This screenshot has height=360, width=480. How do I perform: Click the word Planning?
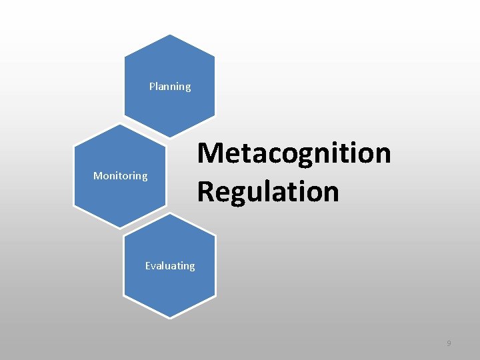point(170,87)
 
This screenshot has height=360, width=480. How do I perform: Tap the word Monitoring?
point(120,176)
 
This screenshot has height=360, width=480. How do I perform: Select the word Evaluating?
point(170,265)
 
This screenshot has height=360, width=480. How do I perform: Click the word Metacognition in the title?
point(293,153)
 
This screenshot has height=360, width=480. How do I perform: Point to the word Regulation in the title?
point(268,191)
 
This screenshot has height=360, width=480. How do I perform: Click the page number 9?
point(449,343)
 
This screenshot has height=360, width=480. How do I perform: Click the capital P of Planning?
point(152,86)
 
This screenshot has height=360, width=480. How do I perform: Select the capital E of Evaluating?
point(148,265)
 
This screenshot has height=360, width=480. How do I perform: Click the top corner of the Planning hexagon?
point(170,35)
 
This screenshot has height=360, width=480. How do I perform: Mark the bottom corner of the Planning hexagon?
point(170,139)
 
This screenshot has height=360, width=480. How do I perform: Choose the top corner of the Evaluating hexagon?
point(170,213)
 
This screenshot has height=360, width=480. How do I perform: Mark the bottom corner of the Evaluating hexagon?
point(170,317)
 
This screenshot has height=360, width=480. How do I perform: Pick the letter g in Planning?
point(187,88)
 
